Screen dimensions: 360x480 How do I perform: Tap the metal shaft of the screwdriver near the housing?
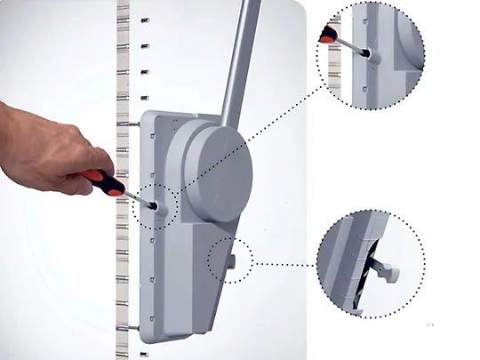pyautogui.click(x=142, y=201)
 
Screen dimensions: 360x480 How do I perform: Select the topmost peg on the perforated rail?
pyautogui.click(x=145, y=19)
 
